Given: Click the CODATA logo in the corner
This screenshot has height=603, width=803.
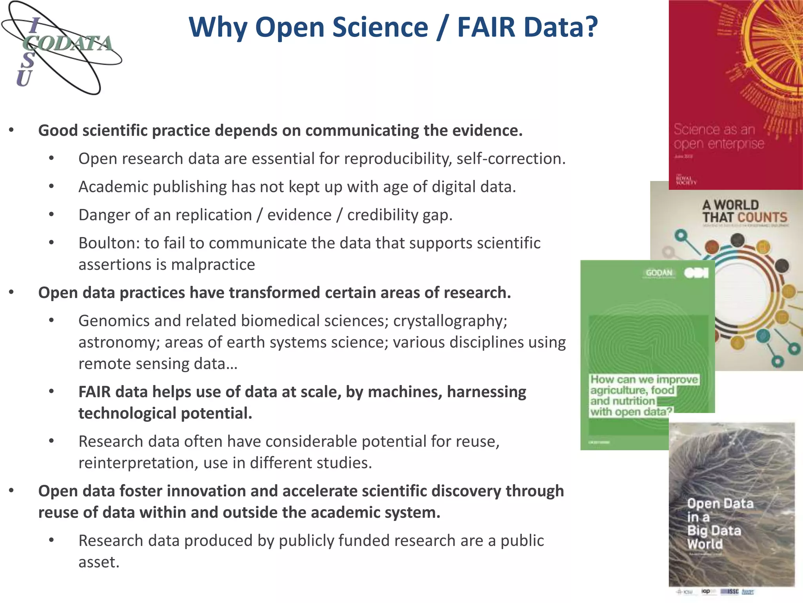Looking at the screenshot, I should tap(62, 48).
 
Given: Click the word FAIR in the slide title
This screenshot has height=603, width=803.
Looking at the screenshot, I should tap(486, 27).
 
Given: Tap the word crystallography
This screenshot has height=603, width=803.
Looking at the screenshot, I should tap(450, 321).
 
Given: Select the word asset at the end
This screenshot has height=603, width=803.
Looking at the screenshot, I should tap(98, 563).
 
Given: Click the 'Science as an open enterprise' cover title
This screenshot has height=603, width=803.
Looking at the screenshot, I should tap(718, 137).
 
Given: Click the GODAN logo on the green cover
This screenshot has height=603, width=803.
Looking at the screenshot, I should tap(659, 273).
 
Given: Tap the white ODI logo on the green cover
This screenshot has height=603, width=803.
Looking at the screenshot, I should tap(696, 273).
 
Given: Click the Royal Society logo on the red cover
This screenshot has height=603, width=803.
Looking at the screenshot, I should tap(686, 180).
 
